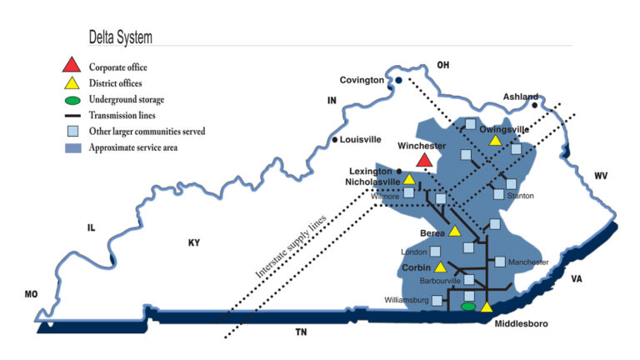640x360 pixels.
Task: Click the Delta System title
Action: (121, 37)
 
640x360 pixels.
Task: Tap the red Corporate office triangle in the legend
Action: (72, 65)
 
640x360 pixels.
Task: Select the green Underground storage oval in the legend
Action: (72, 99)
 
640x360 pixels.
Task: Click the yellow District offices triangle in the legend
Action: (72, 82)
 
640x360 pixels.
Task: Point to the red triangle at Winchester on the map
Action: (424, 158)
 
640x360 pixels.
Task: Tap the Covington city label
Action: (362, 80)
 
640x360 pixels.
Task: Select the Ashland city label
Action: (521, 97)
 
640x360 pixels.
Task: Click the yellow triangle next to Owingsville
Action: (495, 141)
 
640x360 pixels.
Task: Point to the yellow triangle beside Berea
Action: (455, 231)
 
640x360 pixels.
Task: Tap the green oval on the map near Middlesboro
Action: (468, 306)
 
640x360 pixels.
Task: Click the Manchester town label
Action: (527, 262)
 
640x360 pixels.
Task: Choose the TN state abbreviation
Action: (302, 332)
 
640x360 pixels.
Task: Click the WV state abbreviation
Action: (600, 176)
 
